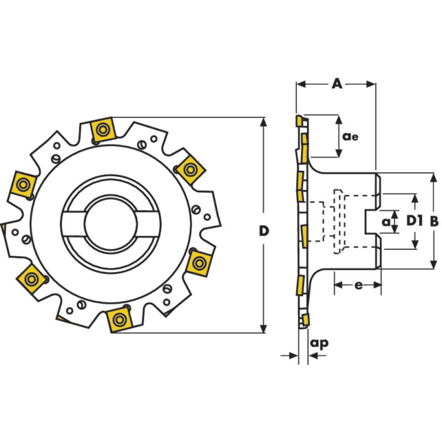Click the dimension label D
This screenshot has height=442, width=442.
(x=264, y=230)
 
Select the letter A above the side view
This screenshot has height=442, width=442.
(x=336, y=84)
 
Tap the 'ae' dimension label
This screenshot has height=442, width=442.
(x=350, y=136)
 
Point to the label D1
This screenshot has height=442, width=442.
(x=414, y=221)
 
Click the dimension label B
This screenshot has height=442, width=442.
(x=434, y=221)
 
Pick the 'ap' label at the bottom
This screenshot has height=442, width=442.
(x=319, y=343)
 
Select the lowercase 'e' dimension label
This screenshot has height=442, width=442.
(x=358, y=285)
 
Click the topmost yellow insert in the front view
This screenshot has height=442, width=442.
(x=102, y=130)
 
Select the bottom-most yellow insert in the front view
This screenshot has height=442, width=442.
(x=118, y=319)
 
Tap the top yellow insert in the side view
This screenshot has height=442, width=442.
(x=298, y=120)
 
